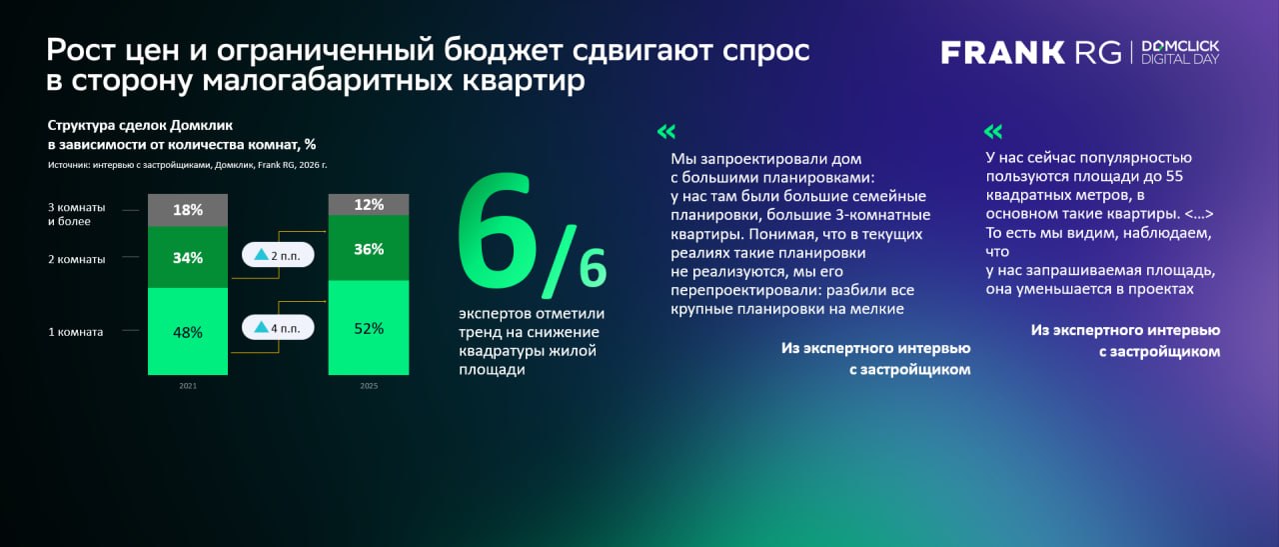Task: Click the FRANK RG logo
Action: pos(1032,53)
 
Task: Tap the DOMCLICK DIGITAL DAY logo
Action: pos(1180,53)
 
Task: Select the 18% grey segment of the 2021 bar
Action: pos(188,210)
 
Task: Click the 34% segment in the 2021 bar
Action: pos(188,257)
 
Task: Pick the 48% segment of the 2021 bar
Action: pos(188,332)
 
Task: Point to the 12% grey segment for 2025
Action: pos(369,205)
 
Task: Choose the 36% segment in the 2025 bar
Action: pos(369,249)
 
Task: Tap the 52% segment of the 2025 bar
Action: pos(369,328)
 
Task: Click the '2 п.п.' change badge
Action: pos(278,256)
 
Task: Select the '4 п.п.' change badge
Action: pos(278,327)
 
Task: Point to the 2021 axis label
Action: pos(188,386)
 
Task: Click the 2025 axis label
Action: pos(369,386)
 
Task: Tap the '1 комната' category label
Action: pos(75,332)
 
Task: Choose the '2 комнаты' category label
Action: pos(76,259)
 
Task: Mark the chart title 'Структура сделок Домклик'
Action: pos(140,125)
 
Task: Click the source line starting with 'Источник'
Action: pos(188,164)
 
